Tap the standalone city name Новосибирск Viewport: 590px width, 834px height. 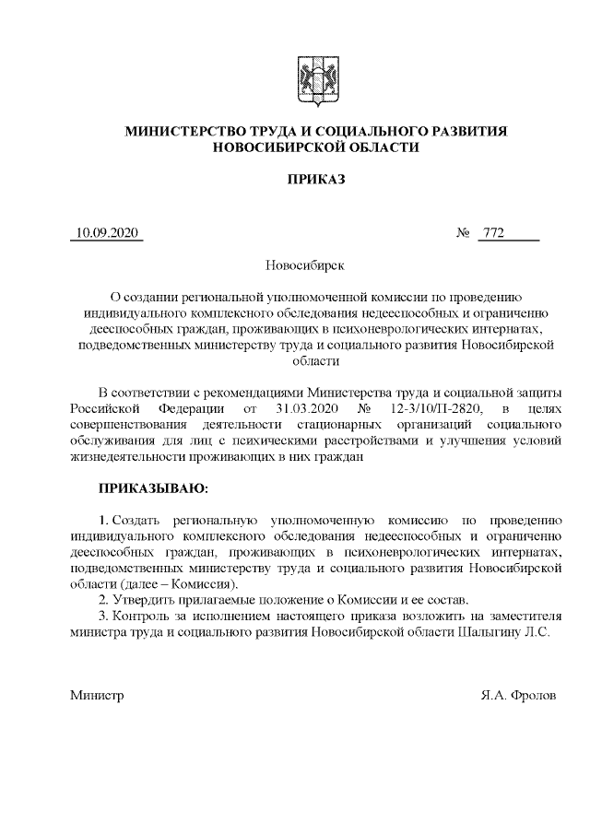(x=304, y=265)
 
